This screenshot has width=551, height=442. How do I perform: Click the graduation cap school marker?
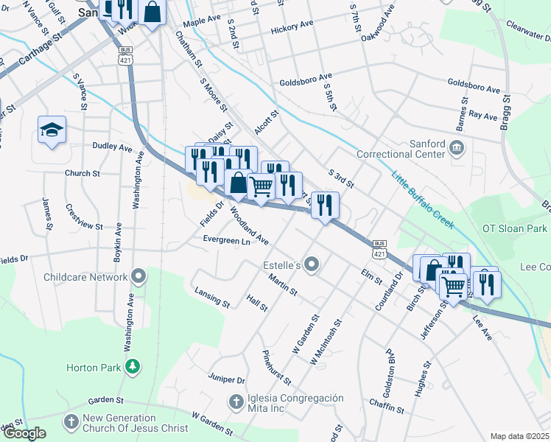(x=52, y=130)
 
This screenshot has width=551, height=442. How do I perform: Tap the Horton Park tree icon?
(x=133, y=367)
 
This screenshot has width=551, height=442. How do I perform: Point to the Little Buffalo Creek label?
(x=423, y=200)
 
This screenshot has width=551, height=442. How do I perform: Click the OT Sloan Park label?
(x=515, y=228)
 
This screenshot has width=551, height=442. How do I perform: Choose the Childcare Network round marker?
(x=138, y=277)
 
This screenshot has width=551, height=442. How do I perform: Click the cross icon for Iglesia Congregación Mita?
(x=236, y=401)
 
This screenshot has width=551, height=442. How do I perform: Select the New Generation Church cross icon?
(x=71, y=421)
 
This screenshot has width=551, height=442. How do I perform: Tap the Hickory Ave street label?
(x=292, y=27)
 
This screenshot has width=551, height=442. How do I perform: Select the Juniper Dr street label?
(x=227, y=380)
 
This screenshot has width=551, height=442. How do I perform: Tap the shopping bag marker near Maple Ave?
(x=152, y=13)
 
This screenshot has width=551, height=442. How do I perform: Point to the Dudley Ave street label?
(x=112, y=147)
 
